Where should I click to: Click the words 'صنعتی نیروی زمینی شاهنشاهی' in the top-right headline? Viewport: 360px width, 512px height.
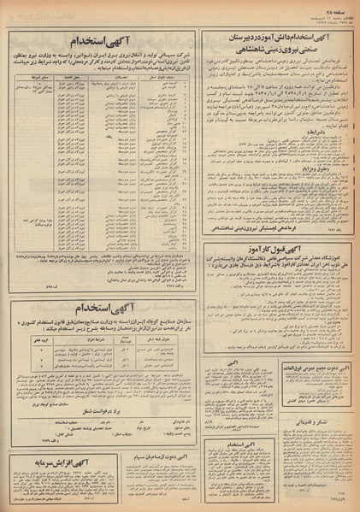click(275, 50)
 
